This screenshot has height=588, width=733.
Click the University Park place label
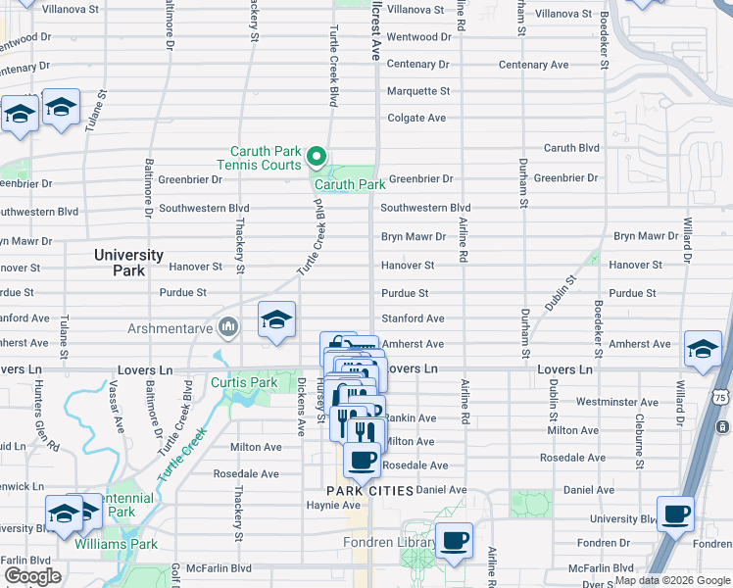[x=128, y=263]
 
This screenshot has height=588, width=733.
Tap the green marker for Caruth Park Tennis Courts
[x=317, y=157]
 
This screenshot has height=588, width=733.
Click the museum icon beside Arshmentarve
[x=228, y=325]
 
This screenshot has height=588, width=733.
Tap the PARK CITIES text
[x=369, y=490]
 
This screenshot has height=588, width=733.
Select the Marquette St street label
[x=417, y=91]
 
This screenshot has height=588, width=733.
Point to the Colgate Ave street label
[x=416, y=118]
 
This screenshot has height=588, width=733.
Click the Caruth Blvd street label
[x=571, y=148]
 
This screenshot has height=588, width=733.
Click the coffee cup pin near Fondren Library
[x=454, y=540]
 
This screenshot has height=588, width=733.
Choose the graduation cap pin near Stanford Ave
[x=276, y=319]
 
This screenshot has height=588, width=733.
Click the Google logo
[x=32, y=576]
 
